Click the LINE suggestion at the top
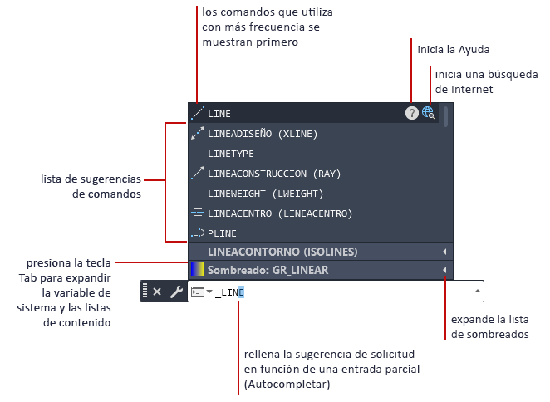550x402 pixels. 219,113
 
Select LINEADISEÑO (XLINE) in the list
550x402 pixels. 262,133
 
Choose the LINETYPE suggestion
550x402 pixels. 231,154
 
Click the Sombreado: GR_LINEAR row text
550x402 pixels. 268,270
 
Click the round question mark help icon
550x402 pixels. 412,113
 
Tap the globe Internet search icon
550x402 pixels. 429,113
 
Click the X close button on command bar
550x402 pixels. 157,292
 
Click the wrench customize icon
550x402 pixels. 176,292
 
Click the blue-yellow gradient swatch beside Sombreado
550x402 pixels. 197,270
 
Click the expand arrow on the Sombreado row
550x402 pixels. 444,270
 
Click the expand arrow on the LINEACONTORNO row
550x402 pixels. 444,252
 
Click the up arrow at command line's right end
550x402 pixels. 478,292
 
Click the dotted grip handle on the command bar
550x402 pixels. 145,291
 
